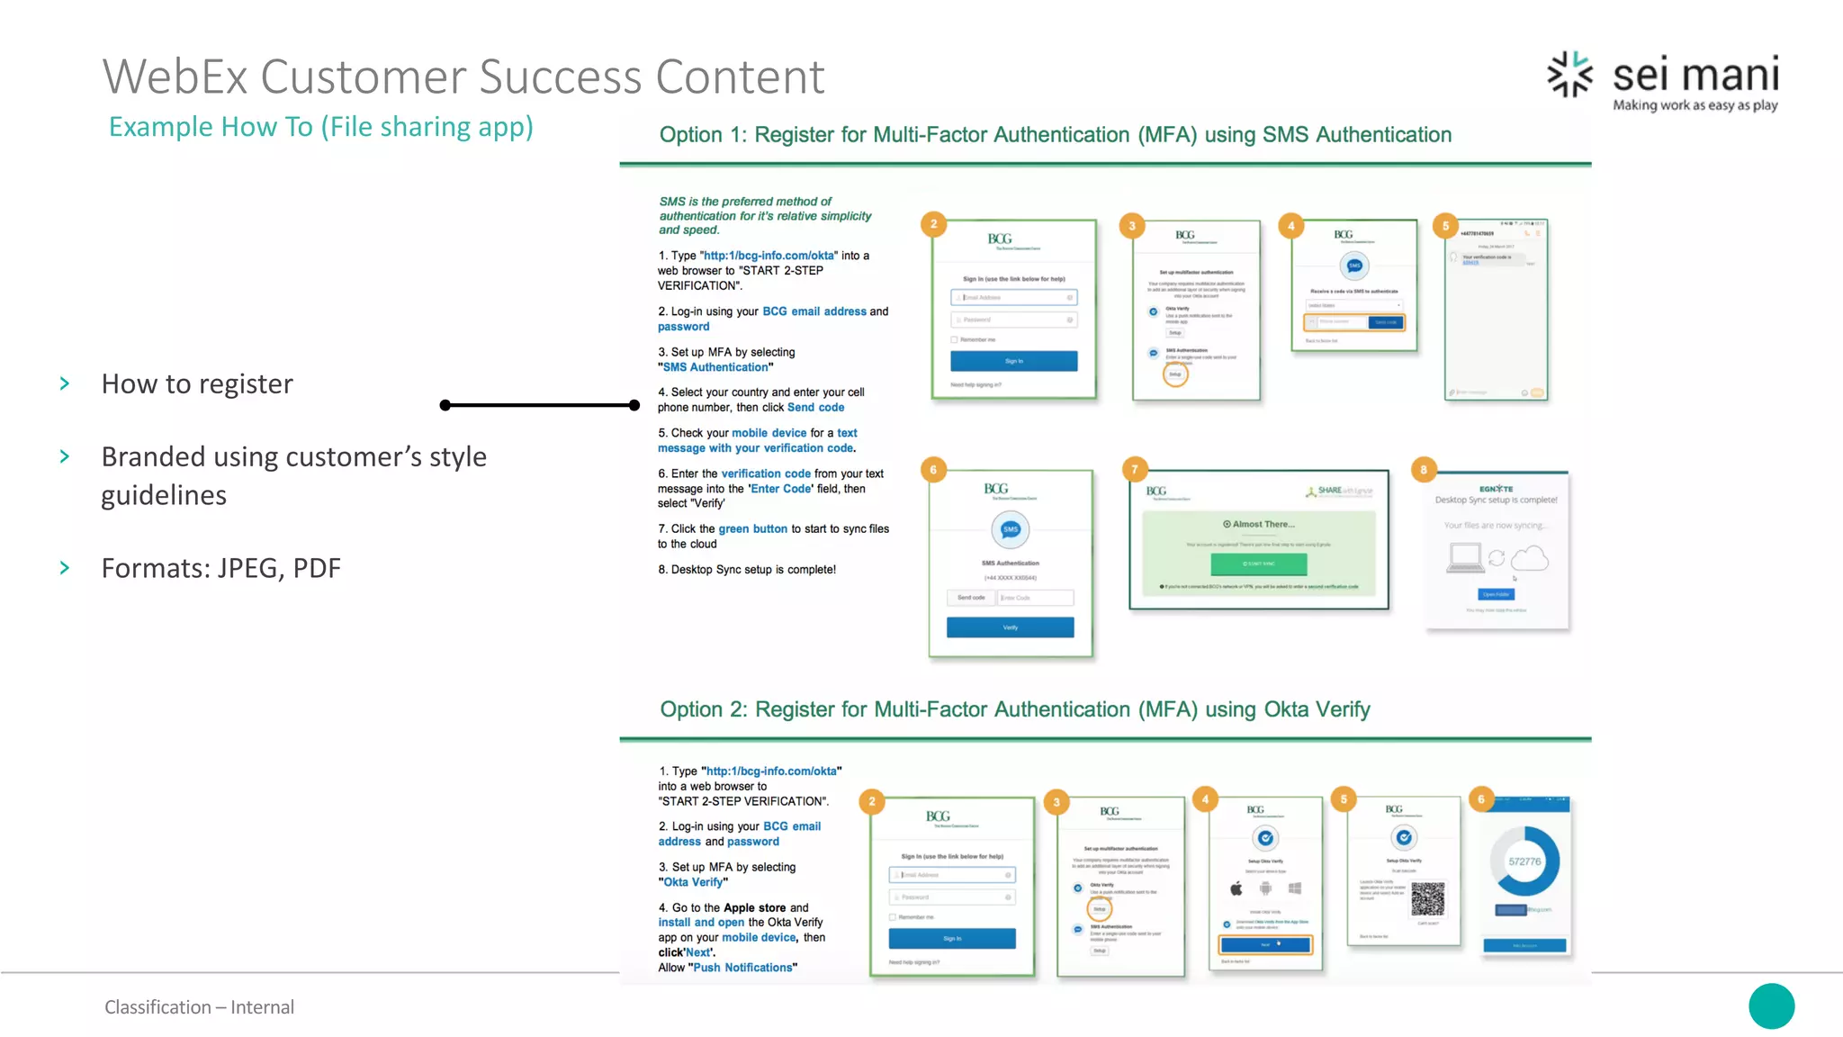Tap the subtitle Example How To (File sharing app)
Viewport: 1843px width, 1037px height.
coord(320,127)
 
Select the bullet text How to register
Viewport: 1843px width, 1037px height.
coord(197,384)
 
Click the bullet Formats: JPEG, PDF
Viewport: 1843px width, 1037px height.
coord(220,569)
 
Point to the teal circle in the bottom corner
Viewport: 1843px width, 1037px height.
coord(1771,1005)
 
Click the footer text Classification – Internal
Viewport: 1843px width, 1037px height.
coord(199,1007)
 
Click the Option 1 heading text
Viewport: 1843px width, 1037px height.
coord(1055,135)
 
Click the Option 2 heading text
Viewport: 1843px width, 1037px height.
coord(1014,709)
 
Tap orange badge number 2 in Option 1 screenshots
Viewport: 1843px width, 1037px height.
coord(933,224)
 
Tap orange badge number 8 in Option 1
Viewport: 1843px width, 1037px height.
coord(1423,469)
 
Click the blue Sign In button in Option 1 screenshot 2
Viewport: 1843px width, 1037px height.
coord(1013,361)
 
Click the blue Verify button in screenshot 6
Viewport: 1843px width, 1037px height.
coord(1010,627)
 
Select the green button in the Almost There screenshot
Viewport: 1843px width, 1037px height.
coord(1258,564)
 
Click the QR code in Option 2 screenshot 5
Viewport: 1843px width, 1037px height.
coord(1427,898)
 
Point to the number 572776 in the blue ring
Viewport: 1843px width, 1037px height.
coord(1524,861)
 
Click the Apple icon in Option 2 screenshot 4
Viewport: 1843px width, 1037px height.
coord(1236,888)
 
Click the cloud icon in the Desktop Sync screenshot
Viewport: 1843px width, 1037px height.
coord(1529,559)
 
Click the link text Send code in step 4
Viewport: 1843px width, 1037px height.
coord(815,408)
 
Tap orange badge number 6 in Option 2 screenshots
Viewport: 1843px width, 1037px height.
coord(1480,798)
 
